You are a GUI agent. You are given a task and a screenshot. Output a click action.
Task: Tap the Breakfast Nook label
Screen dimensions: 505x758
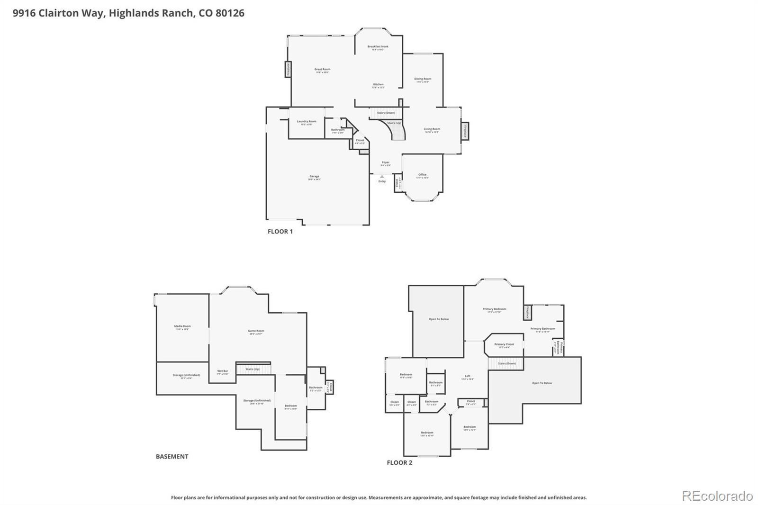pyautogui.click(x=378, y=47)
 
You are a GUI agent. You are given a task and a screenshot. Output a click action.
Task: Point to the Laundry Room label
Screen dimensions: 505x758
pyautogui.click(x=306, y=122)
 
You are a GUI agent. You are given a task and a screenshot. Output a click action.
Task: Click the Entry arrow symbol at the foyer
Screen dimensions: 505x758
pyautogui.click(x=382, y=177)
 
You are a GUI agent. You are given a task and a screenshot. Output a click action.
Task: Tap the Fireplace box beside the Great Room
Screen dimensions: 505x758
pyautogui.click(x=288, y=69)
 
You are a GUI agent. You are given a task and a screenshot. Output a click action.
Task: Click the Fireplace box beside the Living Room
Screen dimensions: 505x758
pyautogui.click(x=465, y=131)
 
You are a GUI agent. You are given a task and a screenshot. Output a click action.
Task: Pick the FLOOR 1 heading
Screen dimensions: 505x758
pyautogui.click(x=280, y=232)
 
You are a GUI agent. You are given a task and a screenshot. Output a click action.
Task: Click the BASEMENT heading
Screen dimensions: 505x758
pyautogui.click(x=172, y=457)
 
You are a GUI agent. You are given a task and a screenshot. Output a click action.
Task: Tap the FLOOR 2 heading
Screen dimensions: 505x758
pyautogui.click(x=399, y=463)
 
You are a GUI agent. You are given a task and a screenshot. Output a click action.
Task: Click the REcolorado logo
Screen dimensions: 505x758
pyautogui.click(x=717, y=496)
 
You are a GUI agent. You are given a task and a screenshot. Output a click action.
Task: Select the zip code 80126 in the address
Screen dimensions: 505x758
pyautogui.click(x=230, y=13)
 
